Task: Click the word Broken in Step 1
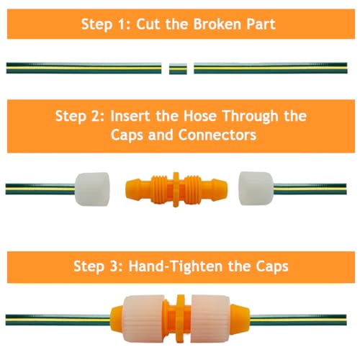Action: pyautogui.click(x=217, y=24)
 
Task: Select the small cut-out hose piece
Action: pyautogui.click(x=178, y=68)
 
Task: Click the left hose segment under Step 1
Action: pyautogui.click(x=84, y=68)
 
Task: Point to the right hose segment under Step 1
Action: pyautogui.click(x=271, y=68)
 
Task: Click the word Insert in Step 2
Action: pyautogui.click(x=130, y=116)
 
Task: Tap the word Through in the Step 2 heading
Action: pyautogui.click(x=250, y=117)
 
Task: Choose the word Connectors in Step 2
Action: pyautogui.click(x=217, y=135)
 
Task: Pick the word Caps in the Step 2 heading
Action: pyautogui.click(x=127, y=135)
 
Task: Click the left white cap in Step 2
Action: pyautogui.click(x=92, y=189)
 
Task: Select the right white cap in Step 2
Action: pyautogui.click(x=256, y=189)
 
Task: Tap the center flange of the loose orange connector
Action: pyautogui.click(x=176, y=189)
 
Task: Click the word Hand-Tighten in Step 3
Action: pyautogui.click(x=176, y=266)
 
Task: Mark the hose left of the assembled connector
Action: pyautogui.click(x=58, y=320)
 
